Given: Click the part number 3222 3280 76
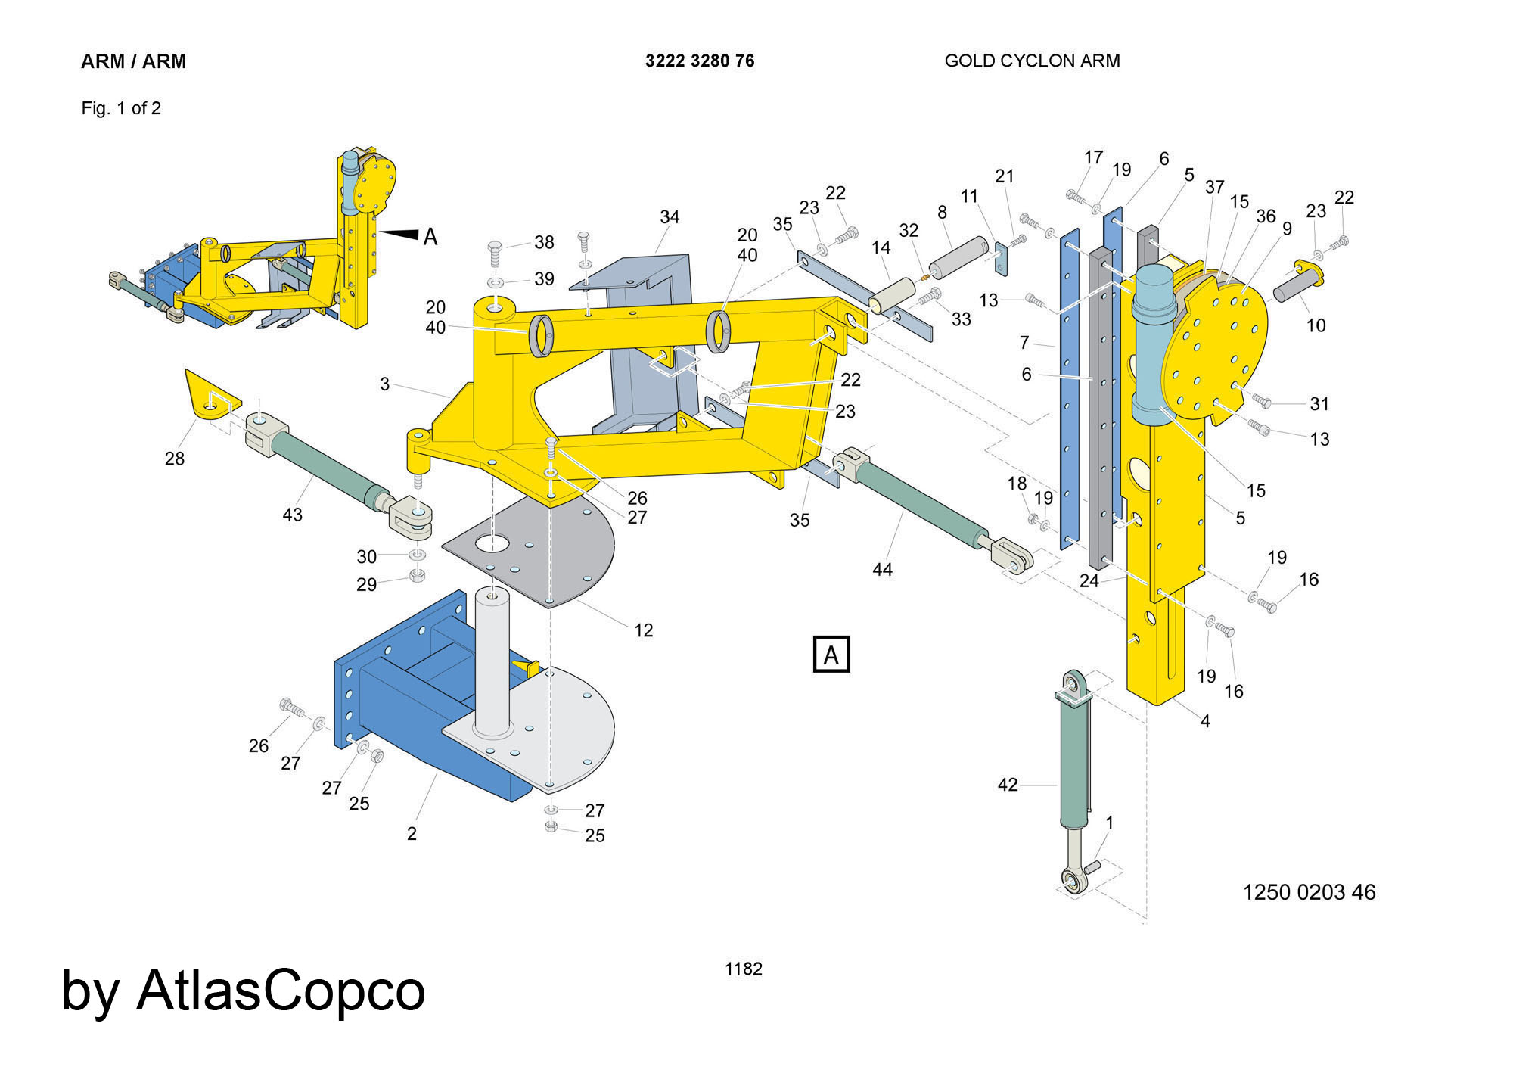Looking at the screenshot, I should (x=699, y=61).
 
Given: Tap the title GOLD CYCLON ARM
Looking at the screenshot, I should (x=1032, y=61).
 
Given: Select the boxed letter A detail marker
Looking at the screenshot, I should (x=831, y=655).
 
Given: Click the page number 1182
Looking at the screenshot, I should (x=743, y=969).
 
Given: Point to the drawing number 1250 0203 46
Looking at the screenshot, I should (x=1309, y=893).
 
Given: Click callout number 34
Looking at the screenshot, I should (x=670, y=218).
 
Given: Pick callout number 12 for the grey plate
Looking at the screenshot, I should (x=643, y=630).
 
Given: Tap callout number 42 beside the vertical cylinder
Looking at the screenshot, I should (x=1008, y=785).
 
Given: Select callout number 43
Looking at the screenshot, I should (x=292, y=515).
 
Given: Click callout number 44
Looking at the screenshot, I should (x=882, y=570).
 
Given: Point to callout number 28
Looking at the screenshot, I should (x=175, y=459).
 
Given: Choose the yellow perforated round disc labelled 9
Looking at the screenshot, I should (x=1218, y=356).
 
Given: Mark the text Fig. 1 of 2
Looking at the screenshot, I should (x=121, y=109).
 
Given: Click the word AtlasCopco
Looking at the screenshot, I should (x=281, y=991).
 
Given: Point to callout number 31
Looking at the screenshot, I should (x=1319, y=404).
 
